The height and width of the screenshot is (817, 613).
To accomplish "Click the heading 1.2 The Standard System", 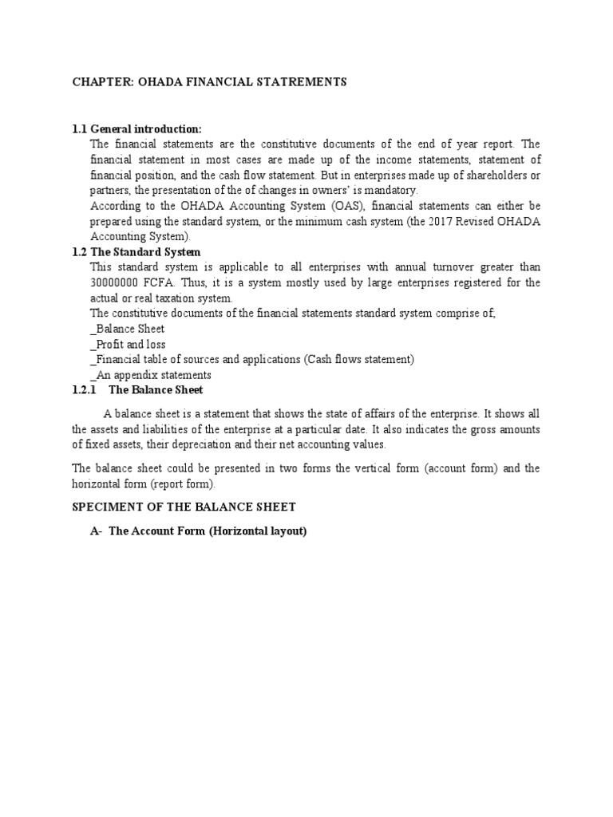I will pyautogui.click(x=136, y=252).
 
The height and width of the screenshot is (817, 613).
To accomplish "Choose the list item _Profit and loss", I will pyautogui.click(x=128, y=344).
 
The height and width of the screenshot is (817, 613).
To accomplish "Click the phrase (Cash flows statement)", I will pyautogui.click(x=358, y=359).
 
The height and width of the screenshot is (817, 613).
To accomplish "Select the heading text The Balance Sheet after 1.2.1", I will pyautogui.click(x=156, y=390).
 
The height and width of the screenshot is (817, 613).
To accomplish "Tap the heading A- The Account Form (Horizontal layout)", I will pyautogui.click(x=198, y=531).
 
